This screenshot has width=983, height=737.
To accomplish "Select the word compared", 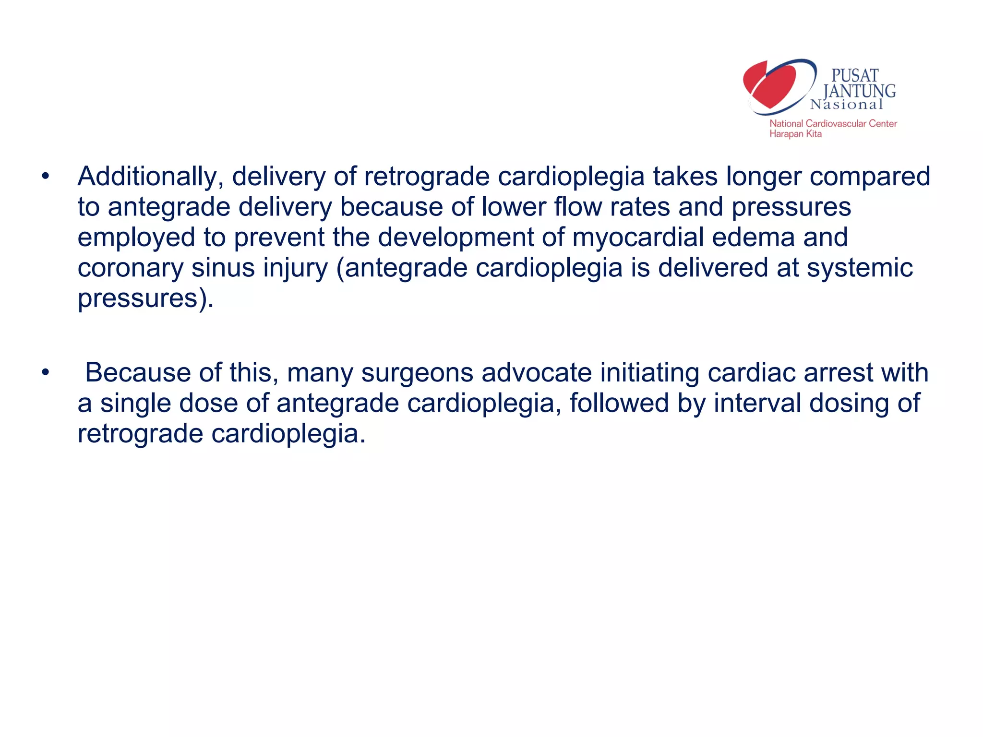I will click(870, 177).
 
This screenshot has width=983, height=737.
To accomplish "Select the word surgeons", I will click(417, 373).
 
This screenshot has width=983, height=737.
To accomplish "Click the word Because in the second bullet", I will click(138, 373).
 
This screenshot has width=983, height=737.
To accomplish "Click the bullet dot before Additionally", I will click(45, 177).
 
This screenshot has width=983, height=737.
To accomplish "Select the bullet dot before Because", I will click(45, 373).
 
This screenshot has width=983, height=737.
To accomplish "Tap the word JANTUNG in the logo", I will click(859, 91).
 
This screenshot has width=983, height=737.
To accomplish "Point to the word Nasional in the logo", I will click(847, 105).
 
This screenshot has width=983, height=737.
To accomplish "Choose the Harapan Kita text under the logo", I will click(795, 134).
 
